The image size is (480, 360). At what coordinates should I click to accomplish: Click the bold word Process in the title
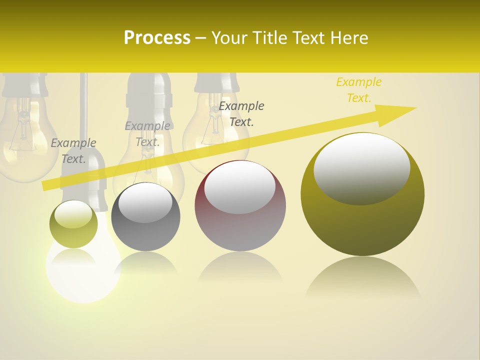point(157,38)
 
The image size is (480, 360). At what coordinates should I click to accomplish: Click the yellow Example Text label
point(358,90)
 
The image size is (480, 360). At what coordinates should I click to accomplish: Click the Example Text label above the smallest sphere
point(73,151)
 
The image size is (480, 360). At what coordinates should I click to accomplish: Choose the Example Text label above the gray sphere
point(147,134)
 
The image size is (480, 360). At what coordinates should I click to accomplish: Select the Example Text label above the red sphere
point(241,113)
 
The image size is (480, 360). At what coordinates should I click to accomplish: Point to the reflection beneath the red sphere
point(240,270)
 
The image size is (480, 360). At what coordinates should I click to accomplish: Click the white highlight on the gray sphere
point(145,202)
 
